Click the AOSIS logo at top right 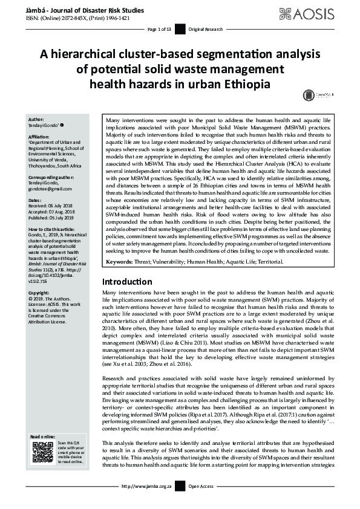(315, 13)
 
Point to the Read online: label (43, 436)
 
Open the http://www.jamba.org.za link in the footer (146, 486)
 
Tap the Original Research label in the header (204, 29)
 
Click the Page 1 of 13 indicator (160, 29)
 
